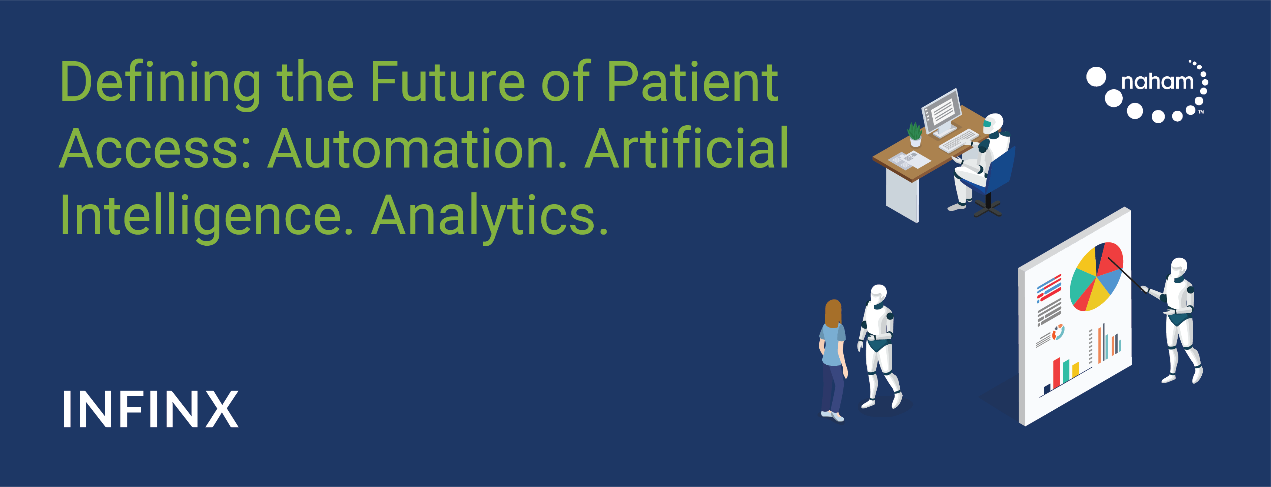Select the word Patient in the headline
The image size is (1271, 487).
click(692, 82)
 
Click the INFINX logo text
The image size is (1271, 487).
click(150, 409)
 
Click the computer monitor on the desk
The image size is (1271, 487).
click(942, 113)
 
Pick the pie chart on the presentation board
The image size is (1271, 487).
click(1096, 277)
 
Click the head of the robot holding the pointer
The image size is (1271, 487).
click(1179, 268)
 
